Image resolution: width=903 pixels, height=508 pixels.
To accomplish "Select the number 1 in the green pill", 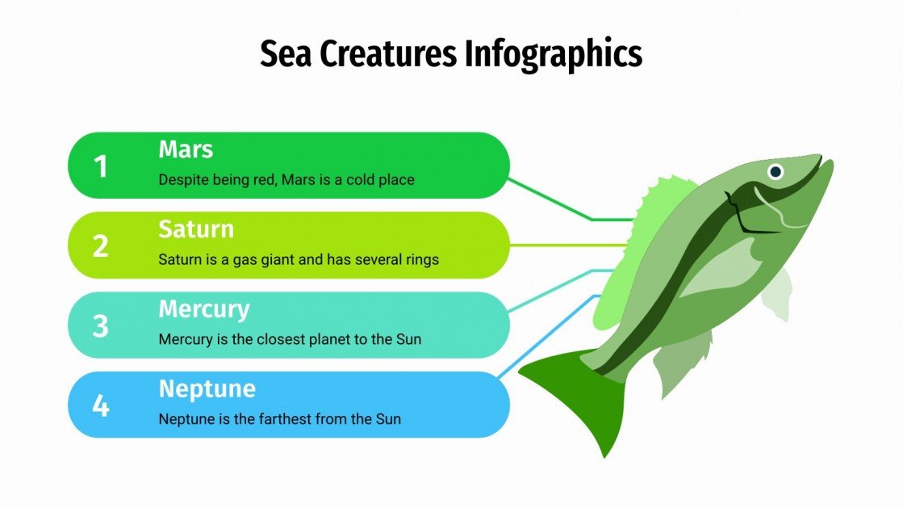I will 100,166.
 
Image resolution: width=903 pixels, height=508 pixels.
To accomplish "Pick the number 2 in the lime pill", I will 100,246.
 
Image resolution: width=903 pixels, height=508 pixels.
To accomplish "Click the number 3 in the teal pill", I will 100,325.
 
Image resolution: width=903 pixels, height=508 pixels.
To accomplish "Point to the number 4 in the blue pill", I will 100,405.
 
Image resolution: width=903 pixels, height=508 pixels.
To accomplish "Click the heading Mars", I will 186,149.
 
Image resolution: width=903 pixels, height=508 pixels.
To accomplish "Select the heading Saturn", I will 196,229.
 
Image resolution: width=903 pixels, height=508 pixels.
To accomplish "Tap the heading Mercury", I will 204,309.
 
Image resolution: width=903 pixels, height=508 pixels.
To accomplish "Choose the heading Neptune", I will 207,388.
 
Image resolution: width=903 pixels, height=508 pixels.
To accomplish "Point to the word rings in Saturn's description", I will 421,259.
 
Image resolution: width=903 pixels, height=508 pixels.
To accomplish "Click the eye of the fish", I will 775,171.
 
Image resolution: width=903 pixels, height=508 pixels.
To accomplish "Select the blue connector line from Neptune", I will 549,335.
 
